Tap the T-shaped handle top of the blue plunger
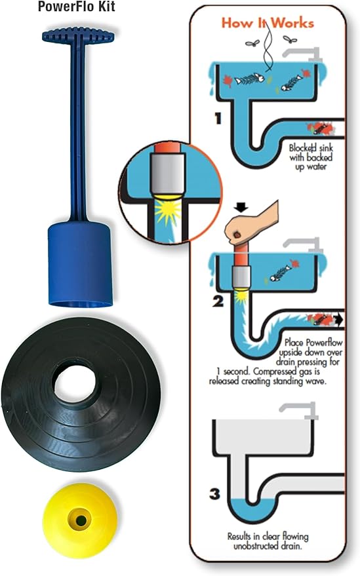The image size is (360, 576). click(77, 37)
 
